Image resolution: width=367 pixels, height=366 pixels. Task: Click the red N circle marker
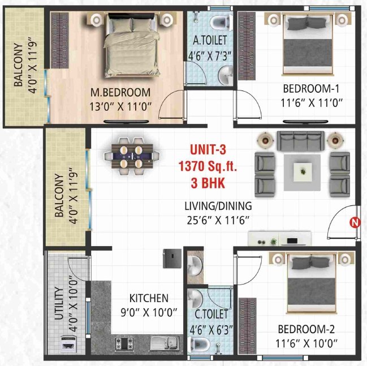pos(355,222)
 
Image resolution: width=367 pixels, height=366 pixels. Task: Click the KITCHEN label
pos(149,298)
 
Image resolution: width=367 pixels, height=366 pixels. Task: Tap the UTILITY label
pos(59,322)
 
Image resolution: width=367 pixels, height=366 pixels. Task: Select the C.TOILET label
pos(209,313)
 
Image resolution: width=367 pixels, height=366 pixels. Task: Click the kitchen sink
pos(165,342)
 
